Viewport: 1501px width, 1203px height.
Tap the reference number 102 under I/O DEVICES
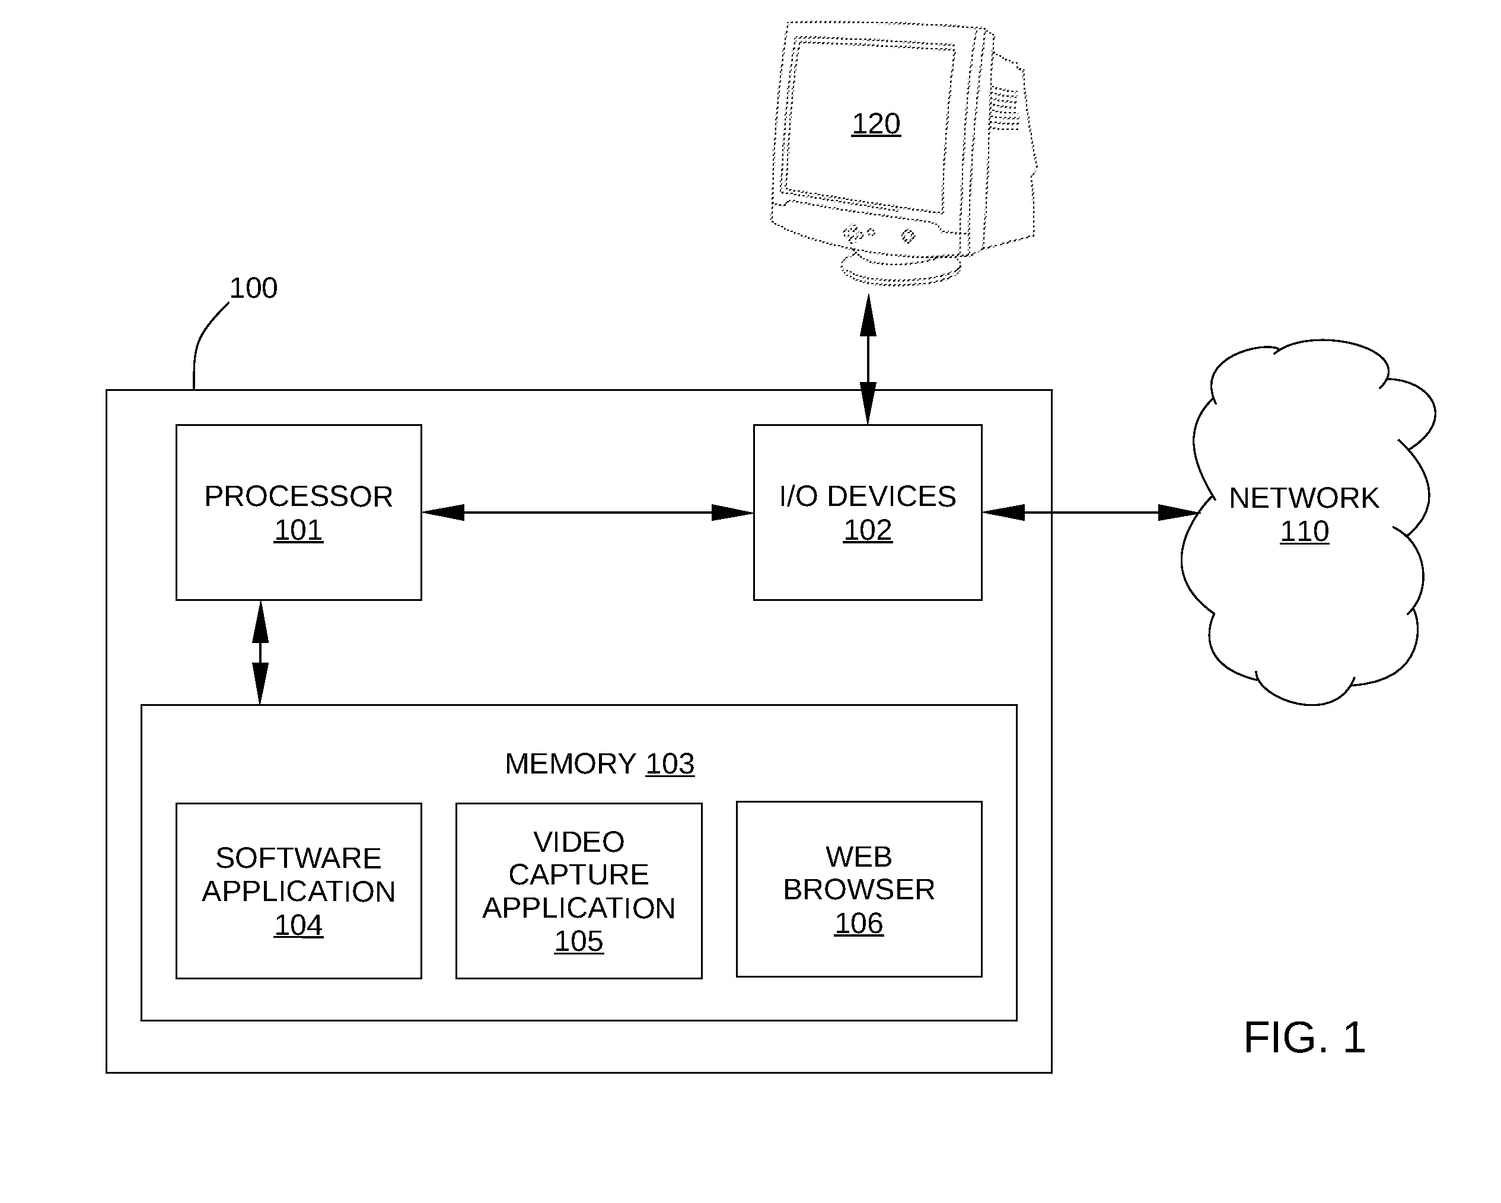click(x=868, y=530)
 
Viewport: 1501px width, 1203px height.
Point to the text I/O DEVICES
click(x=868, y=497)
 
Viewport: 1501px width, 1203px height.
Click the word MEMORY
click(x=570, y=763)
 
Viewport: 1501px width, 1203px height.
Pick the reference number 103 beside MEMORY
click(x=670, y=763)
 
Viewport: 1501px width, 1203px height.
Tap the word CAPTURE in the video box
click(x=579, y=874)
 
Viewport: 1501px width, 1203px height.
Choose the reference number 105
click(x=579, y=941)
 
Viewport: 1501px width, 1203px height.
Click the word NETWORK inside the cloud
click(x=1304, y=498)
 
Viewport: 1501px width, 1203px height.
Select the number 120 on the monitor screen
click(x=876, y=124)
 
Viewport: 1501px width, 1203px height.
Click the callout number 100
click(x=253, y=288)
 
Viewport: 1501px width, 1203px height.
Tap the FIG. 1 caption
click(x=1304, y=1038)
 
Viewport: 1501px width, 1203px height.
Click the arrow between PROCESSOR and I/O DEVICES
click(x=588, y=513)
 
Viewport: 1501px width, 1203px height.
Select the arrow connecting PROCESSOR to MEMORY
click(x=260, y=653)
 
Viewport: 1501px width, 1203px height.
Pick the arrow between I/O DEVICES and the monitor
click(x=868, y=359)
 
